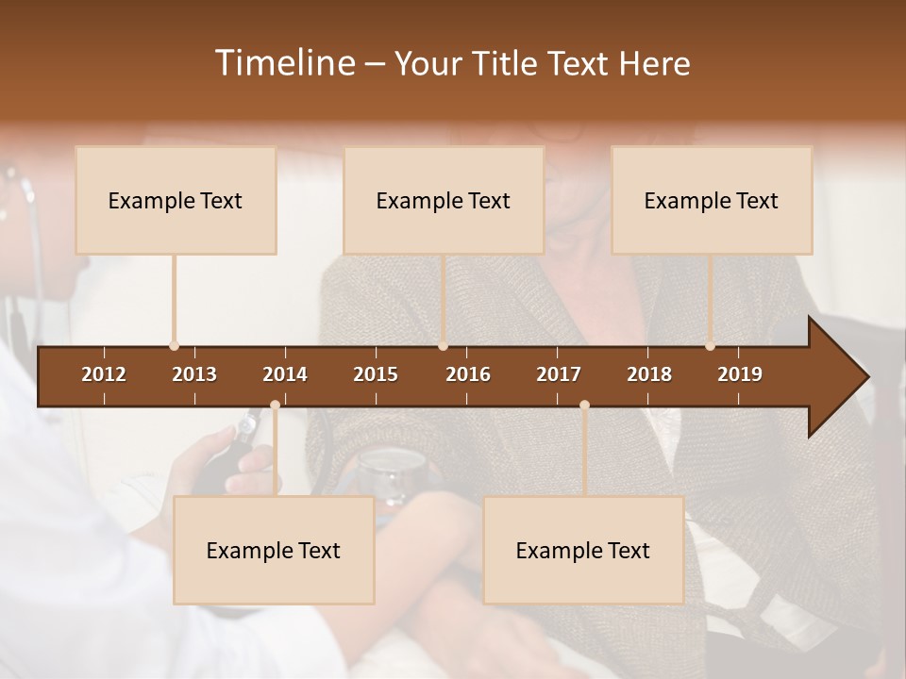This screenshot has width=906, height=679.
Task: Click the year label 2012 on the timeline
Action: click(x=104, y=374)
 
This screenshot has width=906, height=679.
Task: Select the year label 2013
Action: click(x=194, y=374)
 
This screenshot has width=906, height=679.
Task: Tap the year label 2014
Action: click(x=285, y=374)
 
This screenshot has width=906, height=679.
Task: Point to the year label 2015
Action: click(x=376, y=374)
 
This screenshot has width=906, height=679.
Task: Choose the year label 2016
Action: click(x=468, y=374)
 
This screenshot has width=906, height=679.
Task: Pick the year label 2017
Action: click(x=559, y=374)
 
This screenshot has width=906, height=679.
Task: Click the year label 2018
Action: click(x=649, y=374)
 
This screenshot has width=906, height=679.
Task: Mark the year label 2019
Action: click(x=740, y=374)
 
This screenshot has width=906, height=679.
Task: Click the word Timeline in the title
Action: click(x=283, y=63)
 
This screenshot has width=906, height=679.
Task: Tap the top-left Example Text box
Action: click(x=176, y=200)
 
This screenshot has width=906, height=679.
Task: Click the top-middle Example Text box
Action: click(x=444, y=200)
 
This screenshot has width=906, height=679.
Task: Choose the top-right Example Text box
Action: click(x=712, y=200)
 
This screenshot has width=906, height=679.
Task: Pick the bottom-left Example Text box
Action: click(x=274, y=550)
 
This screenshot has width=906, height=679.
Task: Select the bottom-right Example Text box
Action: click(x=583, y=550)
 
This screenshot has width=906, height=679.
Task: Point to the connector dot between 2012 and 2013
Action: click(x=174, y=346)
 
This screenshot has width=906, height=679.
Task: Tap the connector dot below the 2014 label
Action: click(x=275, y=406)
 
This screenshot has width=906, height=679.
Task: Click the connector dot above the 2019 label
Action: click(x=710, y=346)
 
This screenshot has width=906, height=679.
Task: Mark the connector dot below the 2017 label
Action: click(x=584, y=406)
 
